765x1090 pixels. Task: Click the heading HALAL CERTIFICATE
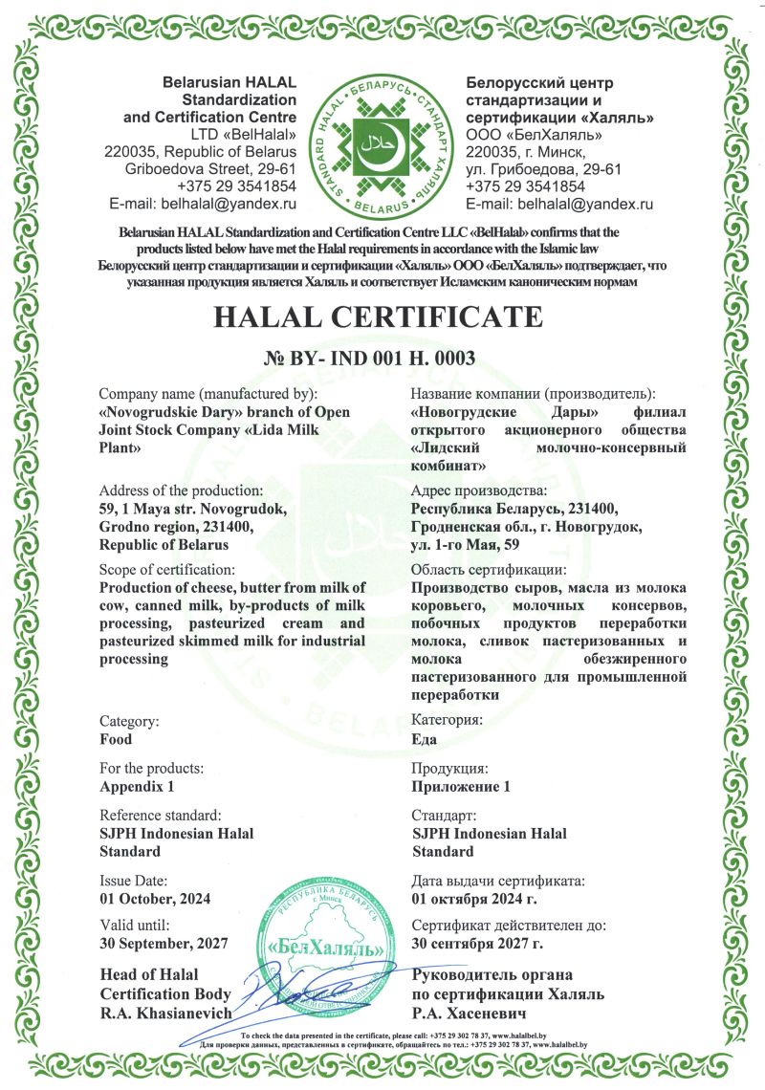(382, 316)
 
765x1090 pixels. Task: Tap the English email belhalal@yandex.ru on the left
(203, 204)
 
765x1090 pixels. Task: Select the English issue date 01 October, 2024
(155, 898)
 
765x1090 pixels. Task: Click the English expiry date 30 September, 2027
(164, 944)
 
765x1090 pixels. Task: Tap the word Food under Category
(116, 739)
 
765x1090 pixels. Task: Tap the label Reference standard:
(161, 816)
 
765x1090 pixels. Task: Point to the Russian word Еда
(425, 739)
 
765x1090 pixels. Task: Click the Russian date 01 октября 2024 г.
(474, 898)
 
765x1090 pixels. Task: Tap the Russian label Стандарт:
(444, 816)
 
